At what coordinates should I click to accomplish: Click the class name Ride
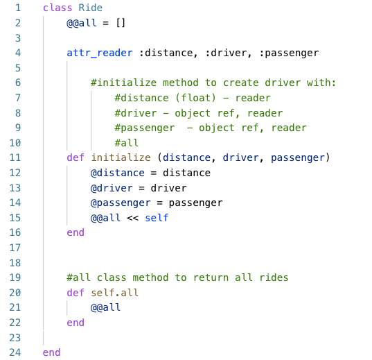[x=90, y=8]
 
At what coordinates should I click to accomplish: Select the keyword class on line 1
[x=57, y=8]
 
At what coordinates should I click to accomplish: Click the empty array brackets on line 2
[x=121, y=23]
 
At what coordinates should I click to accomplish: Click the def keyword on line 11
[x=76, y=157]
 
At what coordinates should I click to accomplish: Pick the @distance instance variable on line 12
[x=117, y=173]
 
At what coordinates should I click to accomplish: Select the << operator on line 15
[x=132, y=218]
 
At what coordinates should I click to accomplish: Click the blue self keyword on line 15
[x=157, y=218]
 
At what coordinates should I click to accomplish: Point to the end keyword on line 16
[x=76, y=233]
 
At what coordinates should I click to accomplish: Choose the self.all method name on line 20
[x=114, y=293]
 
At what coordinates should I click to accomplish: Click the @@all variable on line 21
[x=105, y=307]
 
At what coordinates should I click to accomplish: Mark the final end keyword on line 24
[x=51, y=352]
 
